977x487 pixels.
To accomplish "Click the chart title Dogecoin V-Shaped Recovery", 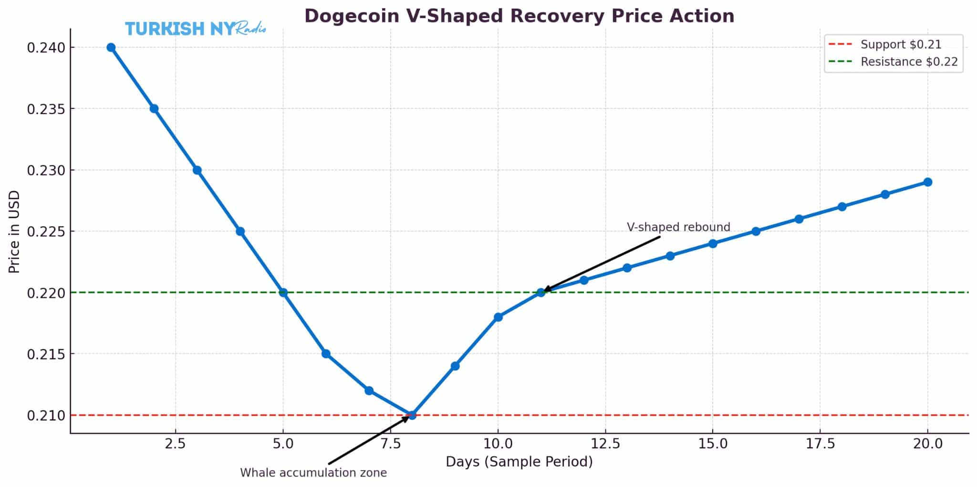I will click(x=519, y=16).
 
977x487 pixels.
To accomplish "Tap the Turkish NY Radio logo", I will click(x=195, y=29).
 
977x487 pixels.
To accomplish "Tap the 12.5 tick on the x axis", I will click(x=605, y=444).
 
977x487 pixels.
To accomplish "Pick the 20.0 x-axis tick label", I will click(x=927, y=444).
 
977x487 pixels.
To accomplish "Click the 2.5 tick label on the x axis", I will click(x=175, y=444).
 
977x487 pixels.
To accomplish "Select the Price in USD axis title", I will click(x=14, y=232).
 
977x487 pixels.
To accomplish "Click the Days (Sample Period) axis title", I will click(x=519, y=462).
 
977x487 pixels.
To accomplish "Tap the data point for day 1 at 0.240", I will click(x=111, y=47).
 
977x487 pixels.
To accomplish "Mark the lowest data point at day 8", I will click(x=412, y=415).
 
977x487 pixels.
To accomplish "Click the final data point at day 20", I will click(x=927, y=182).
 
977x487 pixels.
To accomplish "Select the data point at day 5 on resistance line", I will click(x=283, y=292).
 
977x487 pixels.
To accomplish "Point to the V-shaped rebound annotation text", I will click(x=678, y=227).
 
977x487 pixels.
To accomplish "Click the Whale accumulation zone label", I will click(x=313, y=473).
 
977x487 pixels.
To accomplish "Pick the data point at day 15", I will click(x=713, y=243).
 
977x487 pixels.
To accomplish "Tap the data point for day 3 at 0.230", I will click(x=197, y=170).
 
